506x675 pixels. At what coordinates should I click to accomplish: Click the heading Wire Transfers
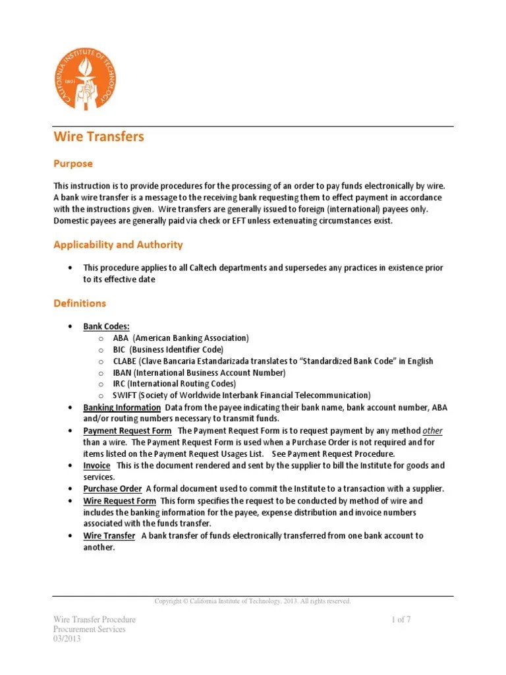click(98, 137)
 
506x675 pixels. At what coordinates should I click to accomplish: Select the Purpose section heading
click(72, 163)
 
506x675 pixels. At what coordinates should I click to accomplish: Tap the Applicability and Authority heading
click(118, 245)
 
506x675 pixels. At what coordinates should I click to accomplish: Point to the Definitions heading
click(79, 303)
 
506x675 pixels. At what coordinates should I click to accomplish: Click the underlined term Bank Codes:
click(106, 326)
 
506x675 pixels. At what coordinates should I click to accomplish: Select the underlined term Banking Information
click(122, 407)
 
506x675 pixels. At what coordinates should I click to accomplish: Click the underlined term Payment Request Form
click(128, 430)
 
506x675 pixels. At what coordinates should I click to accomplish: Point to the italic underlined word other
click(432, 430)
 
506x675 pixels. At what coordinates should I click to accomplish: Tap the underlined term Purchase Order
click(112, 488)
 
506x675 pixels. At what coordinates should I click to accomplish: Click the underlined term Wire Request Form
click(120, 501)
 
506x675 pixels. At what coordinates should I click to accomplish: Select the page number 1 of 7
click(401, 620)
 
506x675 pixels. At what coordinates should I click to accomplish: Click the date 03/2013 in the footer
click(67, 639)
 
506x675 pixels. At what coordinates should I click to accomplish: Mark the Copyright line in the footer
click(252, 601)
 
